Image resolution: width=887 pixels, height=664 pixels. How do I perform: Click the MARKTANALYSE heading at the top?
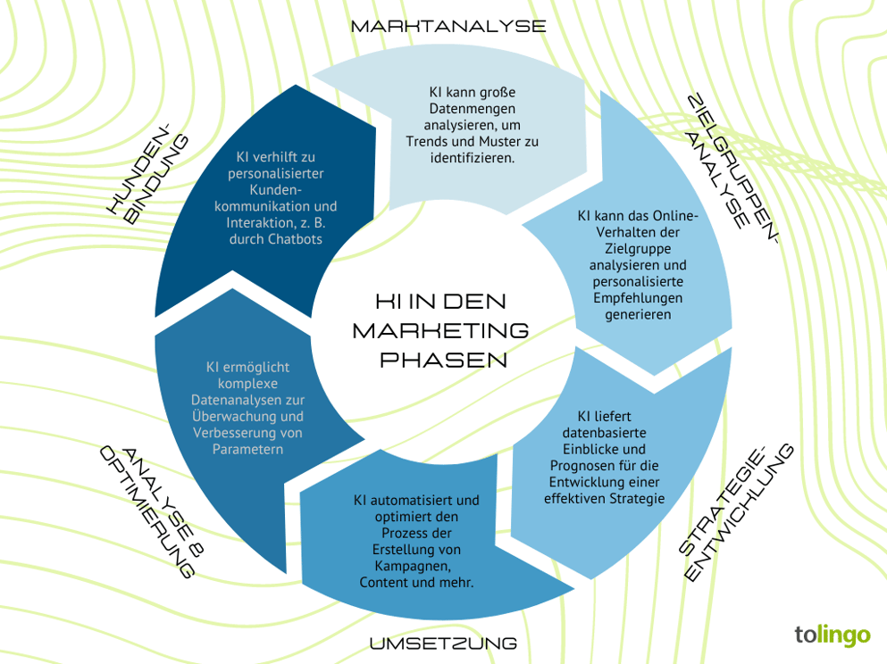tap(448, 26)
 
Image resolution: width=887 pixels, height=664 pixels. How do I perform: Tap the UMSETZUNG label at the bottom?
tap(443, 643)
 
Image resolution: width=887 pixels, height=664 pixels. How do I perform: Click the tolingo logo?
tap(832, 635)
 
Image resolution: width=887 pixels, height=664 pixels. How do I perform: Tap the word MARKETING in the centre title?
tap(440, 330)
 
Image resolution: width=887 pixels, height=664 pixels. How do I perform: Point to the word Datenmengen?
tap(473, 108)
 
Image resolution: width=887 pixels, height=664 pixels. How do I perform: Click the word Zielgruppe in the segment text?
tap(637, 249)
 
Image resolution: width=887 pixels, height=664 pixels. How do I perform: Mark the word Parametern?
tap(247, 449)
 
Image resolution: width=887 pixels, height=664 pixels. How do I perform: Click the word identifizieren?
tap(473, 157)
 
